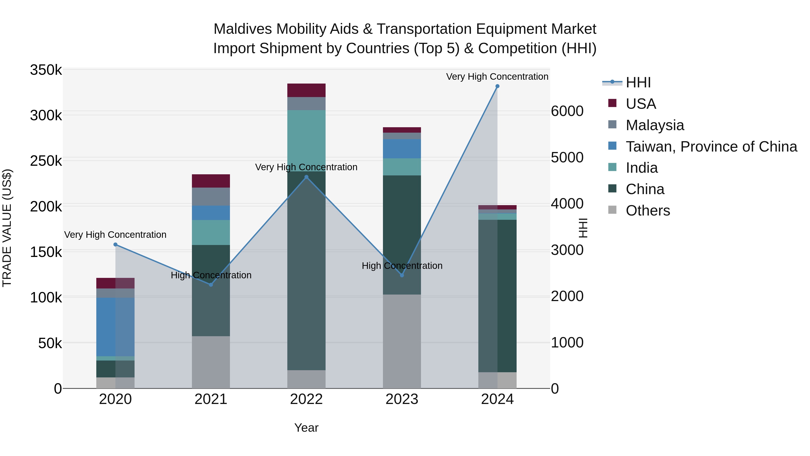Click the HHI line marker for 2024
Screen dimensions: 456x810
[497, 86]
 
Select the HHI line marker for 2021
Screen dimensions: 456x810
[211, 285]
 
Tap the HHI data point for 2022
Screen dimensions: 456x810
[307, 177]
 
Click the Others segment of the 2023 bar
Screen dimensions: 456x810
[402, 341]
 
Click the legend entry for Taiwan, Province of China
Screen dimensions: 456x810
[711, 147]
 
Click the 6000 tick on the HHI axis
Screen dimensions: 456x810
[567, 111]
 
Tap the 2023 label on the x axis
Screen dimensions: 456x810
[402, 399]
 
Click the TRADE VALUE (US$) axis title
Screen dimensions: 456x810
[7, 228]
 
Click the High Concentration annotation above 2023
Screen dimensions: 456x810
[402, 266]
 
